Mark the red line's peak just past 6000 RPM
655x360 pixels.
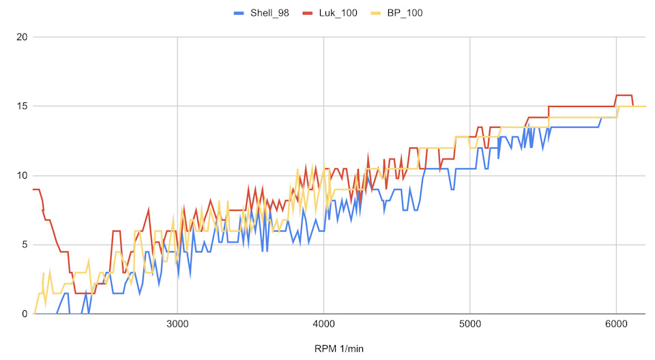624,95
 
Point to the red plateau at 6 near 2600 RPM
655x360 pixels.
116,231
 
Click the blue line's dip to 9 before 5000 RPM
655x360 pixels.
452,190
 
